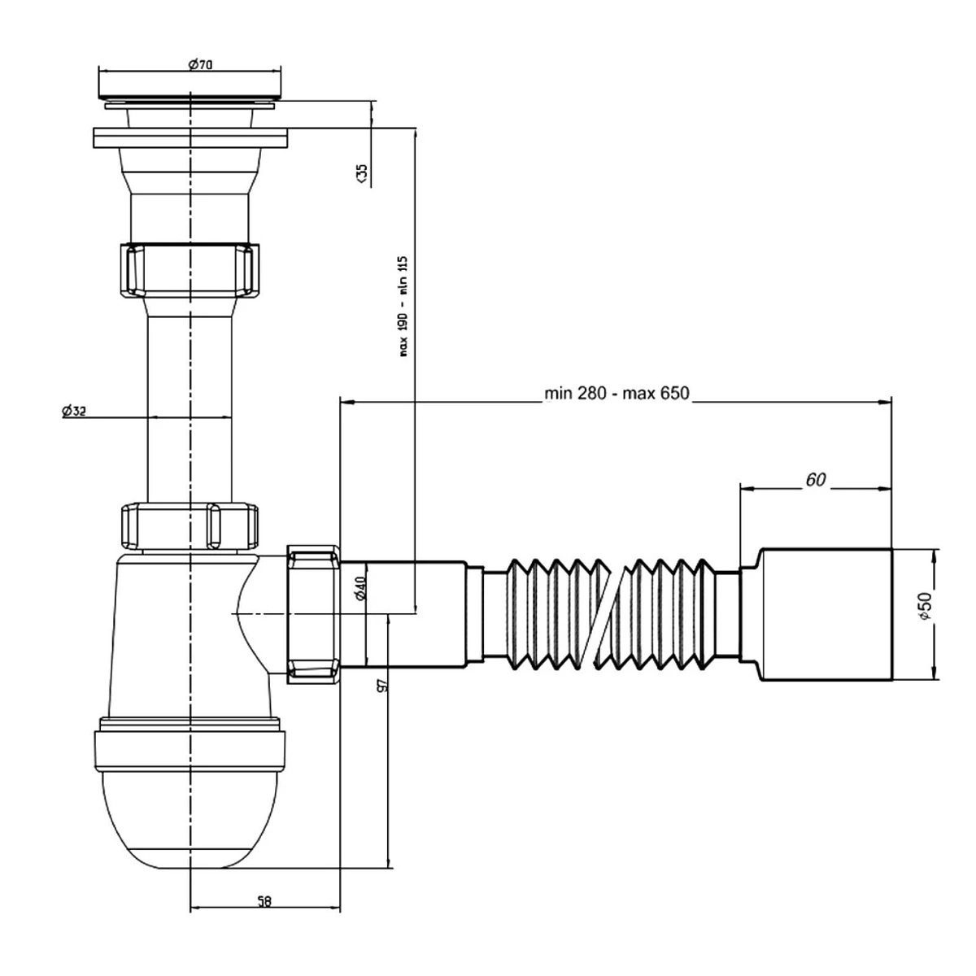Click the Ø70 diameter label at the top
pos(200,65)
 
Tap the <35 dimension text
pos(361,172)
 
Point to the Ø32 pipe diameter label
pos(74,412)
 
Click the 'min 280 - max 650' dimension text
pos(617,394)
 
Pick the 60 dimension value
pos(815,480)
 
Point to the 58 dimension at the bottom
pos(264,900)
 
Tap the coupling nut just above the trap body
pos(190,526)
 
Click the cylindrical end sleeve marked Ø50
pos(826,614)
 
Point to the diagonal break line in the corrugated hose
pos(617,615)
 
